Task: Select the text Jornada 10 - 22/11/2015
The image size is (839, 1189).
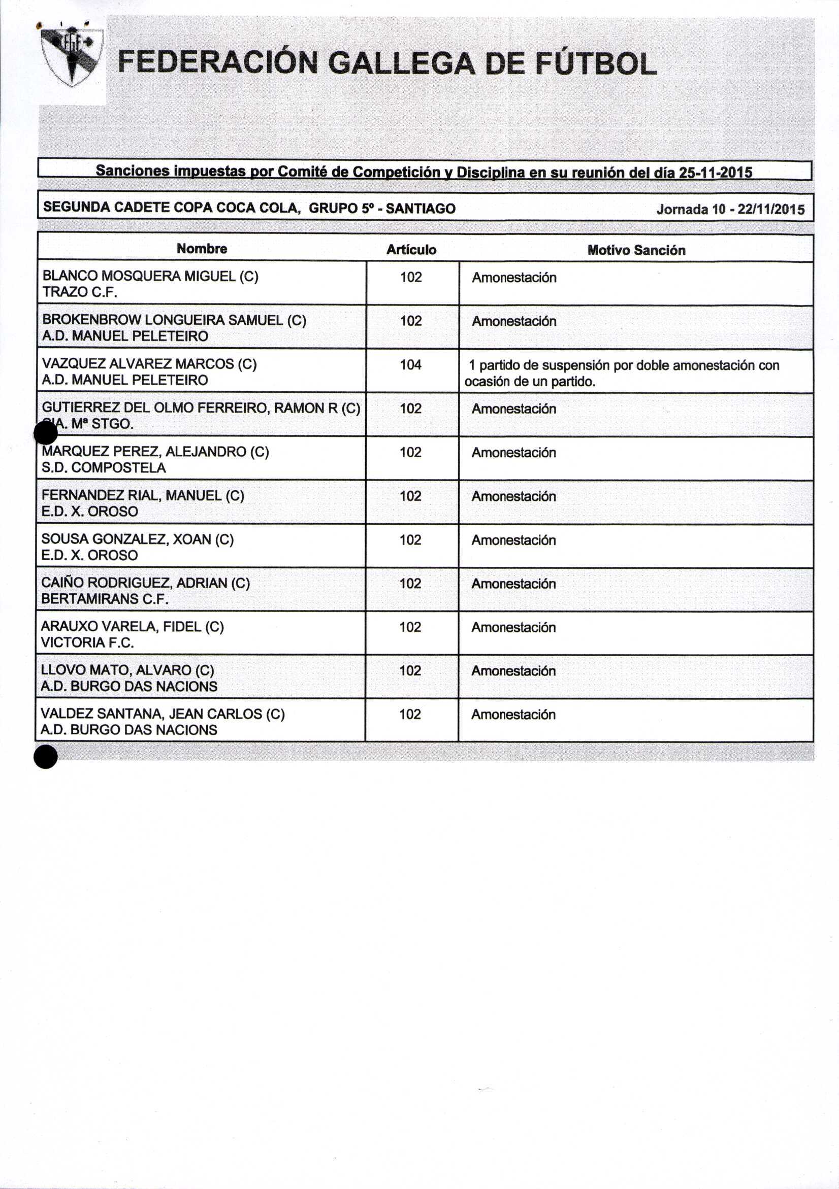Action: [x=730, y=209]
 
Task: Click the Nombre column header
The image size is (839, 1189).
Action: [x=202, y=249]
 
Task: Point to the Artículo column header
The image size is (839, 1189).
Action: [x=411, y=250]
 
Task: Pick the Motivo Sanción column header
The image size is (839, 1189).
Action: [x=636, y=250]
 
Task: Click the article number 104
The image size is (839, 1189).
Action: [x=410, y=364]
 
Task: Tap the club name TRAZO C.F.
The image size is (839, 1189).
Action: [x=80, y=292]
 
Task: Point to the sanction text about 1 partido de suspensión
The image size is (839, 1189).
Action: [x=622, y=373]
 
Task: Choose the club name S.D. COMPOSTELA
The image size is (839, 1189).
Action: [x=104, y=467]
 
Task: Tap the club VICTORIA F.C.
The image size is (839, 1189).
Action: [x=87, y=642]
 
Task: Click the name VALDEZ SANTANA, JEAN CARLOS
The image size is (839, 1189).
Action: [x=162, y=714]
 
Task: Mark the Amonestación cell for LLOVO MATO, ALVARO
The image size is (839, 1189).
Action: [x=513, y=671]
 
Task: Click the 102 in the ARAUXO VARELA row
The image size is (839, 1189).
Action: [x=410, y=627]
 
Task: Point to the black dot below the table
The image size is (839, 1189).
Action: [x=46, y=757]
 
